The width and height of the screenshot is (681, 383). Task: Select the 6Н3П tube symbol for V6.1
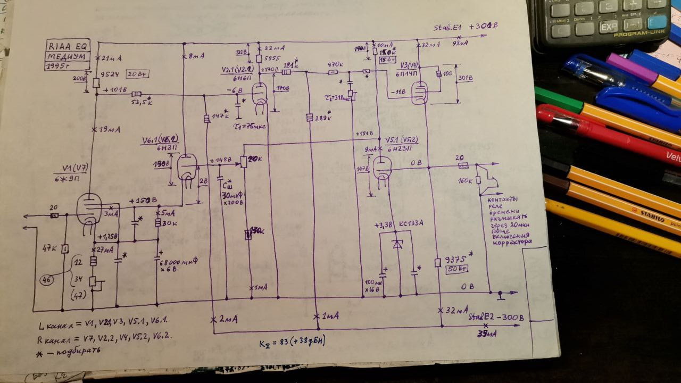point(187,169)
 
